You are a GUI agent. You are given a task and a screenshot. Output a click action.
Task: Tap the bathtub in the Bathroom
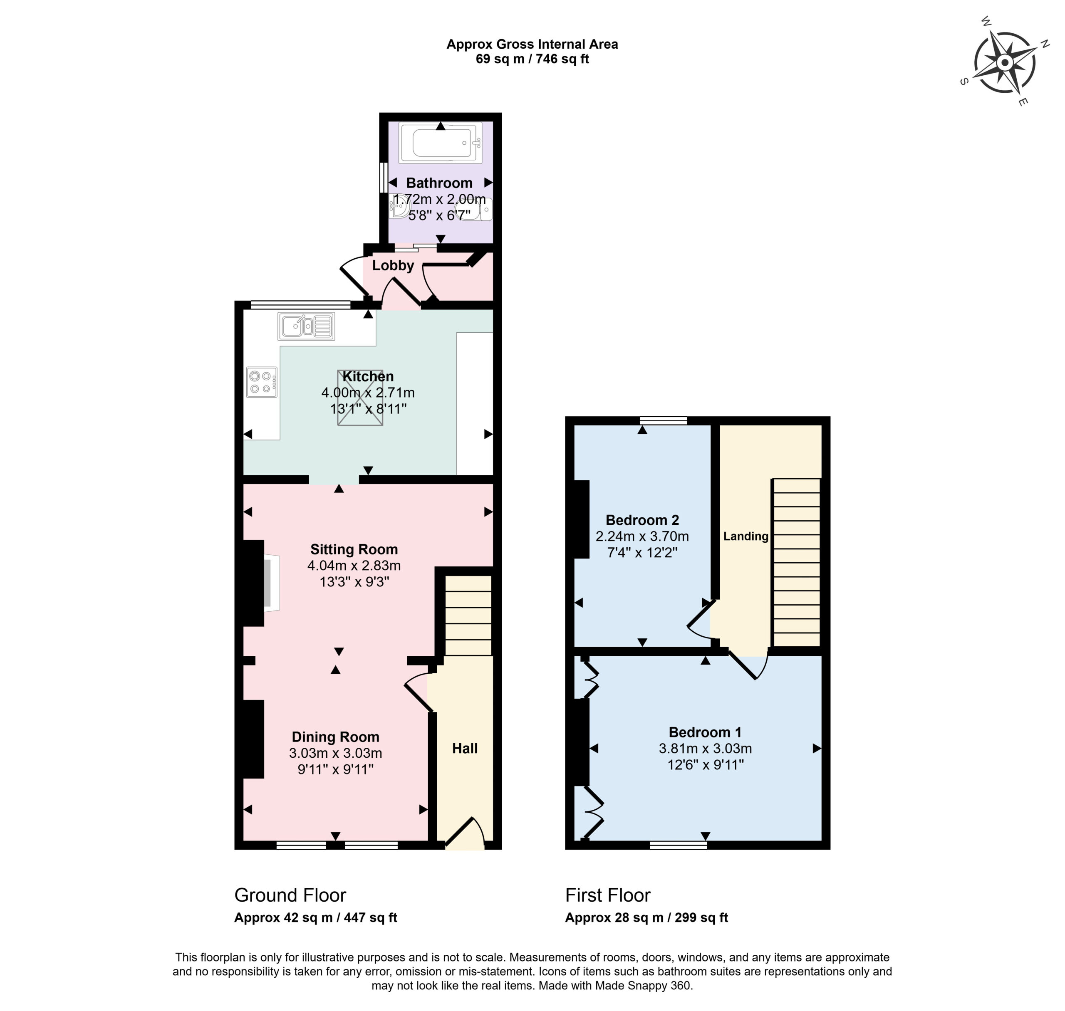(x=440, y=143)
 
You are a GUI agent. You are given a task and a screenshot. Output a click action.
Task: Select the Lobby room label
(x=393, y=265)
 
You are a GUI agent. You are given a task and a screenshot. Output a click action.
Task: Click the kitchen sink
(x=306, y=326)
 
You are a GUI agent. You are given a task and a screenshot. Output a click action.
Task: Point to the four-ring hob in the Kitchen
(x=262, y=382)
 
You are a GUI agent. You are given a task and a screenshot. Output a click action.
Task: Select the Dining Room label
(x=335, y=737)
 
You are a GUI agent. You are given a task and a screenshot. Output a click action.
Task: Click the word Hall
(x=465, y=748)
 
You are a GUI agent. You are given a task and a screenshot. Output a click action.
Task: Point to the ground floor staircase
(x=468, y=615)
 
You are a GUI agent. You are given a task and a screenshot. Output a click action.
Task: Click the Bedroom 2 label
(x=642, y=520)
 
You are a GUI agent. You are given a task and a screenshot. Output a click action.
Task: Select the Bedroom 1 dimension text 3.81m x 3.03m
(x=705, y=749)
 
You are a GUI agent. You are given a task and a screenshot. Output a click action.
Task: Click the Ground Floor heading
(x=290, y=895)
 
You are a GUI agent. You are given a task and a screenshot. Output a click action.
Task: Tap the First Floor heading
(x=608, y=895)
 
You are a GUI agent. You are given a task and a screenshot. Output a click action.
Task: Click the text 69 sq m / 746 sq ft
(x=532, y=59)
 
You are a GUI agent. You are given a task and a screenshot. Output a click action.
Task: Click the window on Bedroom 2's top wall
(x=664, y=421)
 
